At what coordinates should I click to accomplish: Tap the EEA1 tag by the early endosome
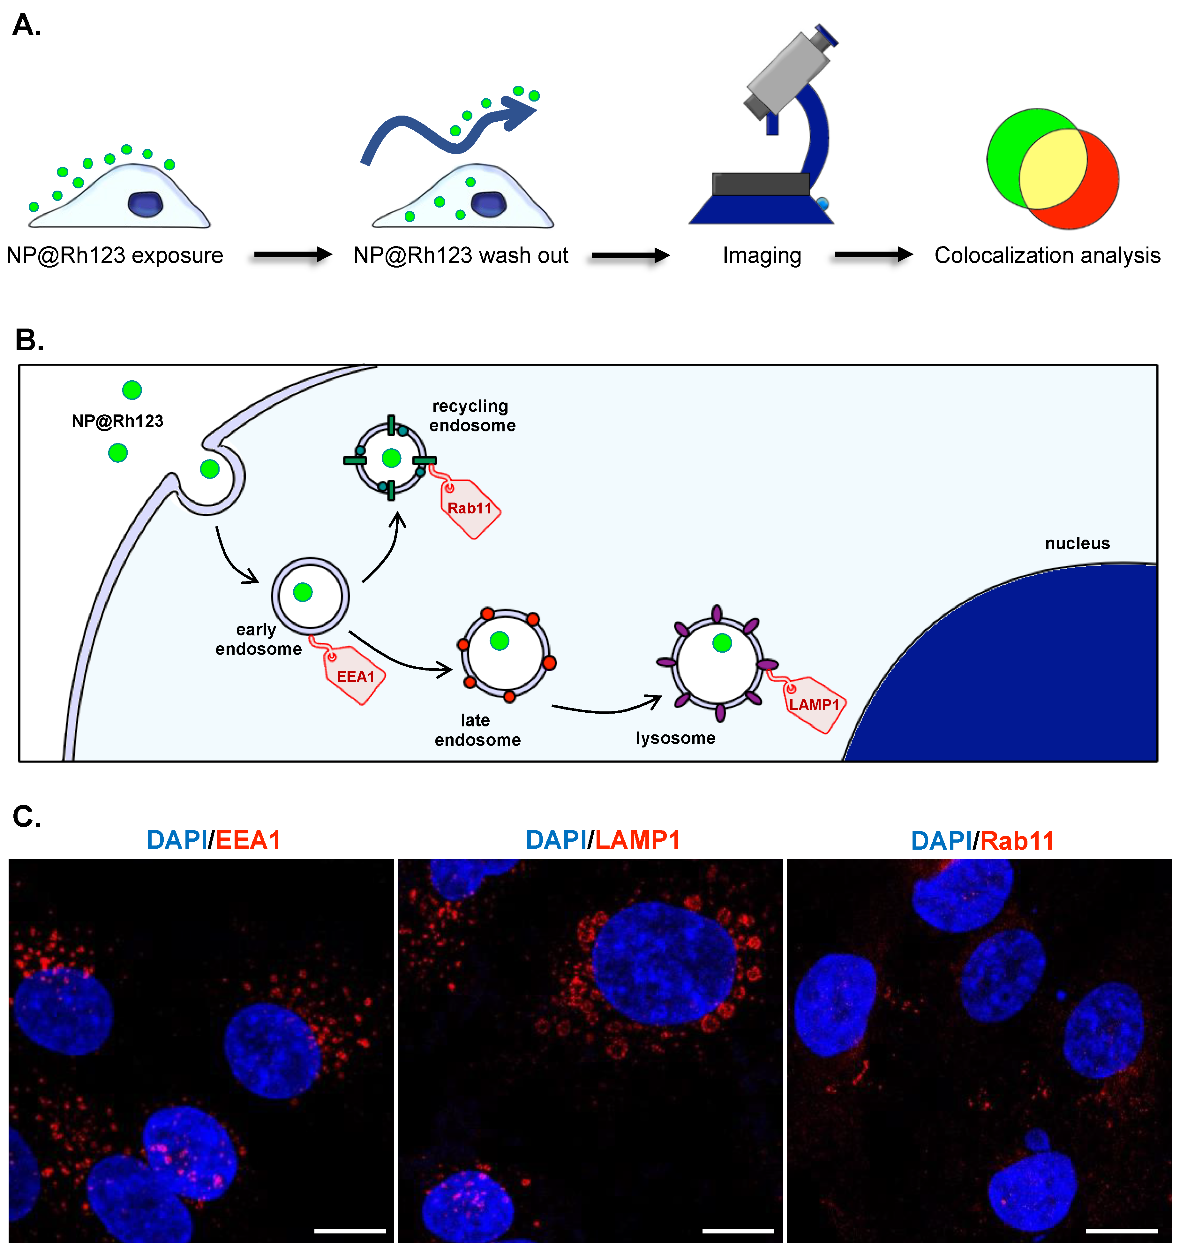click(x=355, y=677)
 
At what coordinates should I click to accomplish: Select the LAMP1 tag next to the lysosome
click(x=814, y=705)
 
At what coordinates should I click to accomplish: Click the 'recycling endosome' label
click(x=472, y=415)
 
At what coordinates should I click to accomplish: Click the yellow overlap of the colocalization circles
click(x=1052, y=169)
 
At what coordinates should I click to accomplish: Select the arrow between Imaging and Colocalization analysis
click(x=873, y=255)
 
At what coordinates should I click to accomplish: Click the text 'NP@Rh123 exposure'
click(x=115, y=255)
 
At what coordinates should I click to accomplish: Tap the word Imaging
click(x=761, y=255)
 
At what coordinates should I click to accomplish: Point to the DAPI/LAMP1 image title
click(x=603, y=840)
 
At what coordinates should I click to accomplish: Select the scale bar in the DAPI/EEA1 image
click(x=350, y=1230)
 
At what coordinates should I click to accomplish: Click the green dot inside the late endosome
click(x=500, y=641)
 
